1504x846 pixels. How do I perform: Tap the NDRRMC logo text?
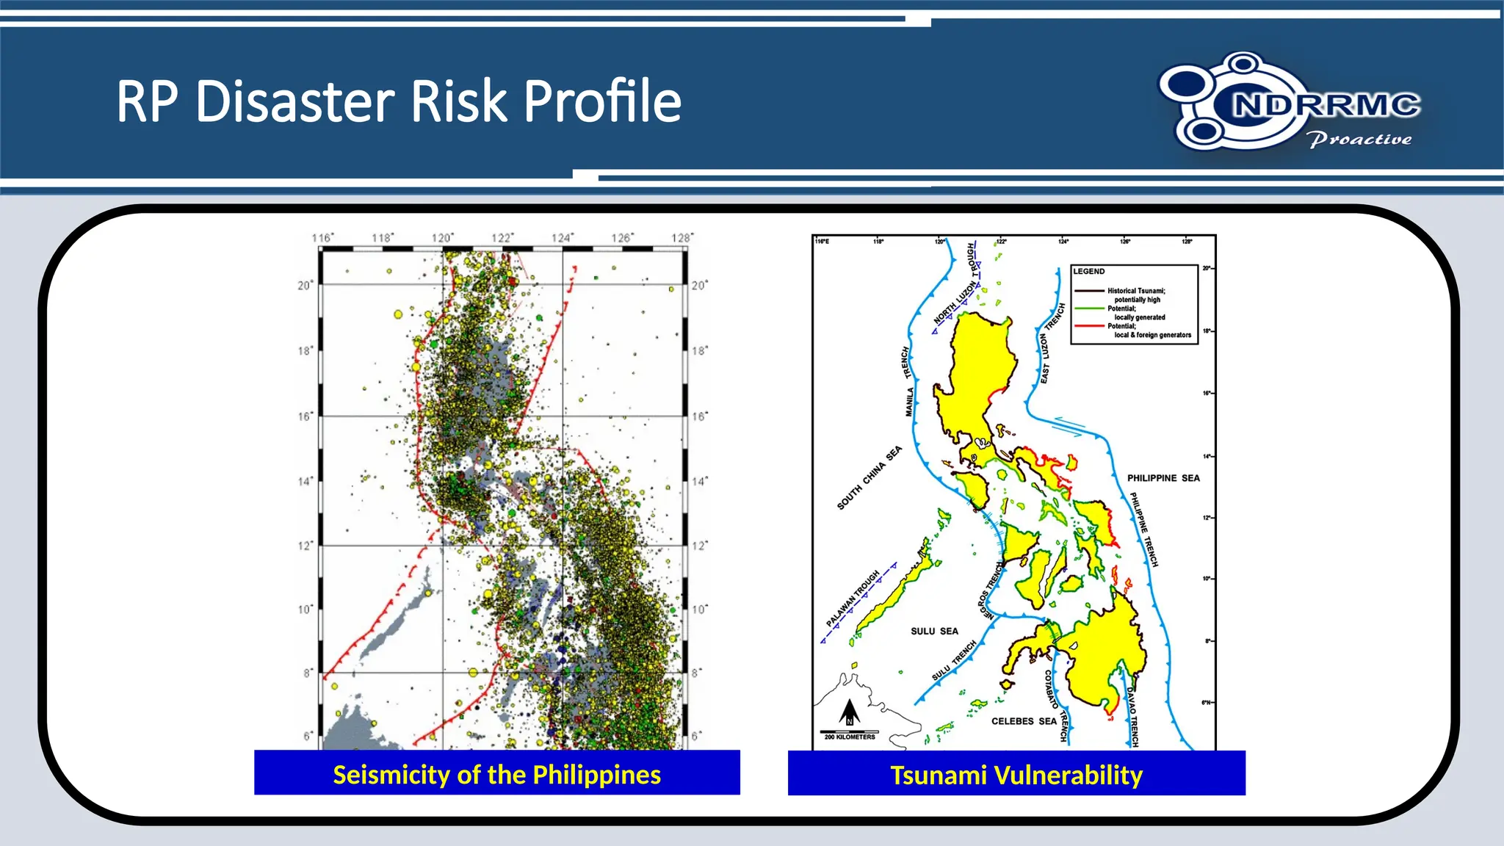click(1326, 105)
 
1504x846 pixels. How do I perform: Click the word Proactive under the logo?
click(1359, 139)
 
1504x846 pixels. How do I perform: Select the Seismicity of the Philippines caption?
click(496, 774)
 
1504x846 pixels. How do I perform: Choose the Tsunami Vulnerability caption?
click(1016, 775)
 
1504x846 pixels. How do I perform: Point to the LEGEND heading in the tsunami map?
click(1089, 271)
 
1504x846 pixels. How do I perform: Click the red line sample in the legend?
click(1090, 325)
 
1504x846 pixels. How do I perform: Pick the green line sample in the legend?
click(1090, 308)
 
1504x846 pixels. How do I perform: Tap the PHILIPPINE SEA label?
click(1163, 478)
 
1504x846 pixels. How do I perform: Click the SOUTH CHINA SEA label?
click(869, 478)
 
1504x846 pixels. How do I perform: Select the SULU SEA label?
click(934, 631)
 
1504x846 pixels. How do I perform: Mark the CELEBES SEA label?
click(1024, 721)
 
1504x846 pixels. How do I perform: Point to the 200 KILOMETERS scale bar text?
click(850, 737)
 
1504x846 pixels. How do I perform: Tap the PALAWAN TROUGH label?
click(853, 598)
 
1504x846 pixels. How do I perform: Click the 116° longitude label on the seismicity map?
click(322, 237)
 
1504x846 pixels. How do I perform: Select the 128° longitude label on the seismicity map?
click(681, 237)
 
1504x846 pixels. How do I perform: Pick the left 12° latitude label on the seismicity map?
click(305, 546)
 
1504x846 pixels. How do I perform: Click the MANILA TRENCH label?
click(908, 382)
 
